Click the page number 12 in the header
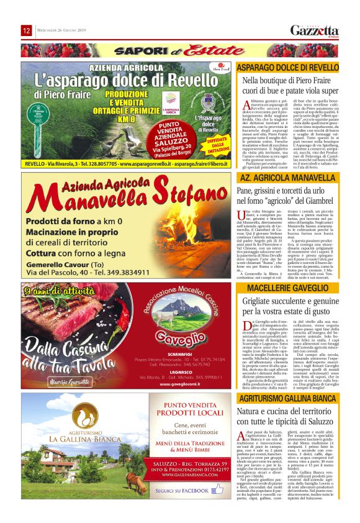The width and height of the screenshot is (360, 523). pyautogui.click(x=27, y=30)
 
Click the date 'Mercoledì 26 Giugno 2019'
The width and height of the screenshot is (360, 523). pyautogui.click(x=63, y=31)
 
